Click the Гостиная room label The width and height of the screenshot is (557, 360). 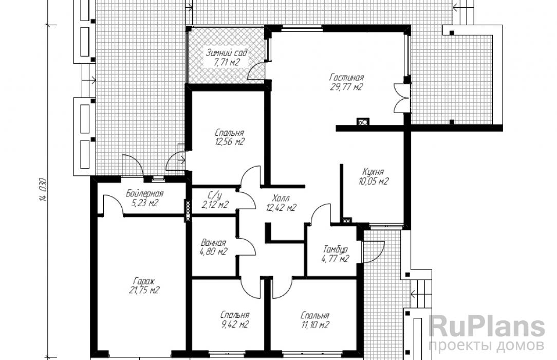pos(346,77)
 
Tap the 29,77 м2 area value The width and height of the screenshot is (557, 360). pos(346,87)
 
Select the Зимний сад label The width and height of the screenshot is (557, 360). pos(227,53)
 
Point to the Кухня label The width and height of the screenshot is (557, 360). pos(373,171)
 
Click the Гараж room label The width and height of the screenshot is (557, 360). pos(144,281)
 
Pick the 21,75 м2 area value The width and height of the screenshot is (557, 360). pos(144,291)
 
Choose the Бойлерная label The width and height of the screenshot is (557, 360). pos(144,194)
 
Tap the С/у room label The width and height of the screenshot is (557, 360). pos(215,195)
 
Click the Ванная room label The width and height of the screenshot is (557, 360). pos(213,243)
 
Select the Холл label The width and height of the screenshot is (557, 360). pos(282,198)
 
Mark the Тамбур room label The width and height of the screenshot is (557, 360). pos(335,249)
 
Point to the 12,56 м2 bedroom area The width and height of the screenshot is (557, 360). pos(230,142)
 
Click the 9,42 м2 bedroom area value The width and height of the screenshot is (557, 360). pos(234,325)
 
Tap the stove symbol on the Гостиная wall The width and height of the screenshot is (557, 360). pos(363,121)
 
